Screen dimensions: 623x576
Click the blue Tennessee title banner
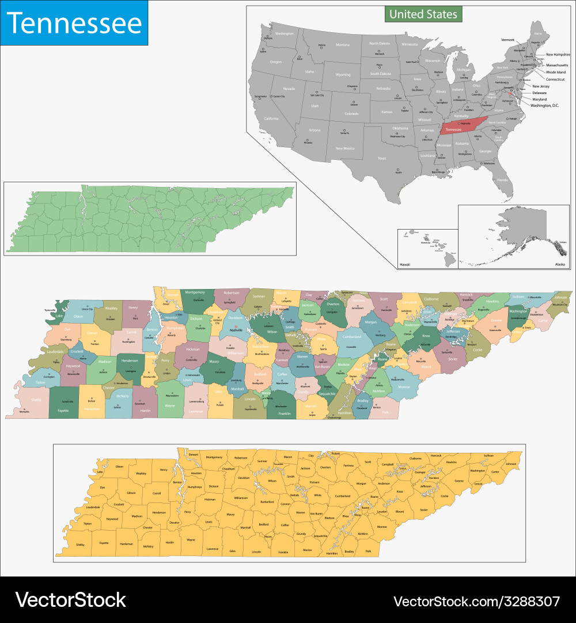pos(74,23)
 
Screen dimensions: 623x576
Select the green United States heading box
pos(423,14)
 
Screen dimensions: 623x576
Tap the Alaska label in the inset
pos(560,264)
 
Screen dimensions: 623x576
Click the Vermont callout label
pos(507,40)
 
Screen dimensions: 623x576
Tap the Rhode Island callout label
pos(556,72)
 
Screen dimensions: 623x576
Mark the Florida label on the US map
pos(503,180)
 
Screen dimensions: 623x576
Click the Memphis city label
pos(24,411)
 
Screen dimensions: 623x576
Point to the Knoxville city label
pos(425,344)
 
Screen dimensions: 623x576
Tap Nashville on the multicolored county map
pos(236,330)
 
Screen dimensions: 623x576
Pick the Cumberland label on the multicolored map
pos(352,336)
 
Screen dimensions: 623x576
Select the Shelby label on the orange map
pos(80,544)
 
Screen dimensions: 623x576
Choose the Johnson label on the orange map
pos(511,464)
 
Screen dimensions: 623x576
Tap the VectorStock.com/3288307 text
pos(476,601)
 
